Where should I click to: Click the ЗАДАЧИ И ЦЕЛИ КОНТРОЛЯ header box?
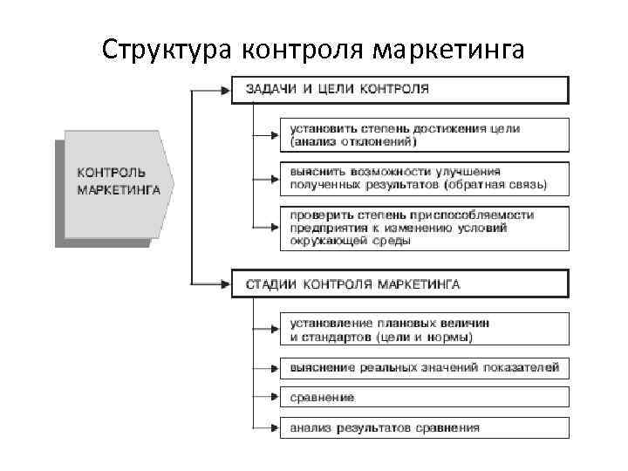(x=399, y=90)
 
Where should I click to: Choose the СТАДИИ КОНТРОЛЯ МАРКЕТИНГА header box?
(x=399, y=284)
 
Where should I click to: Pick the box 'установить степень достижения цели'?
(x=424, y=134)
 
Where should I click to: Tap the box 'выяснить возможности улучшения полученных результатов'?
(x=424, y=178)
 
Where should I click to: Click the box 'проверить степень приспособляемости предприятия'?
(x=424, y=227)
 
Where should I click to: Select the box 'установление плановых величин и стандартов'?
(x=424, y=330)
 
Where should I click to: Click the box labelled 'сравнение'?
(x=424, y=398)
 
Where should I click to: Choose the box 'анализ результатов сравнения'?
(x=424, y=427)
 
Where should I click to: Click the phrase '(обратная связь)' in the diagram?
(x=495, y=185)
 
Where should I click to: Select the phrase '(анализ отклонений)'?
(x=353, y=140)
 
